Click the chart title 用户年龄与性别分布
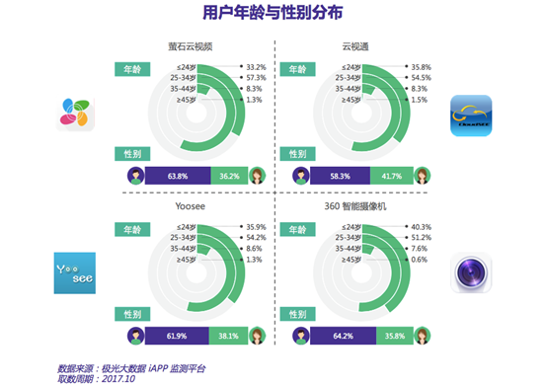[272, 13]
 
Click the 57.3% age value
[256, 77]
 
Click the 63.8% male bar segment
[178, 176]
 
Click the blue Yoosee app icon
[76, 271]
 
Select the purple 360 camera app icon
[468, 272]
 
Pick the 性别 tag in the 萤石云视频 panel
[130, 155]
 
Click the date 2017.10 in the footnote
[117, 378]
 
